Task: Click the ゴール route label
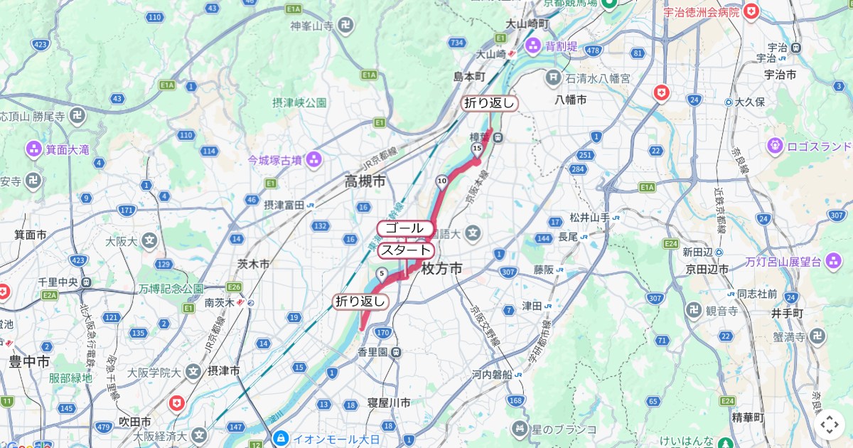405,228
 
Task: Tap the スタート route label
405,250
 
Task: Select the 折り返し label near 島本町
489,103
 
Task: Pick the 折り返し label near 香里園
361,302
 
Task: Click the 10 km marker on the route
441,181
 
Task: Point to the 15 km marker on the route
476,148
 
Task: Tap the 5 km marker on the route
382,273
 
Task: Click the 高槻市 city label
365,182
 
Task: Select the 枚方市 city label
441,269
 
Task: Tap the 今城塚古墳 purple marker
313,160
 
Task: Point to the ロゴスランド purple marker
776,146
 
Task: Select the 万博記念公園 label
171,289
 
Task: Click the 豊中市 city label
29,362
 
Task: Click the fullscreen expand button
829,425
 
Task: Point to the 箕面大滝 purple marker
34,149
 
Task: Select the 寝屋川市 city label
389,402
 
